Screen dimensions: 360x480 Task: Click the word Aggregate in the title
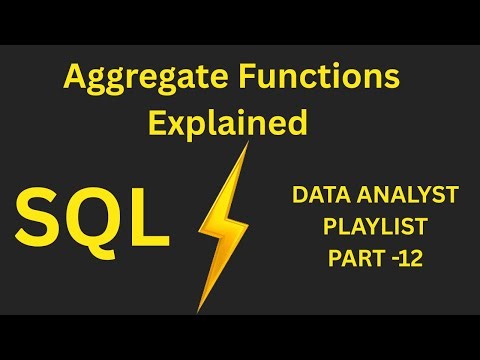click(x=134, y=77)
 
